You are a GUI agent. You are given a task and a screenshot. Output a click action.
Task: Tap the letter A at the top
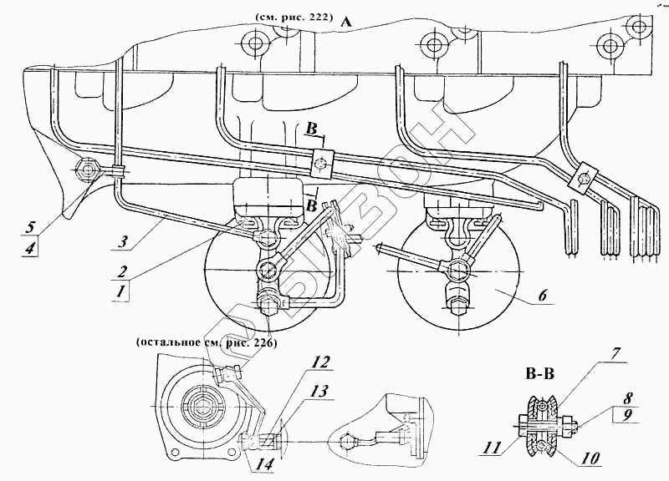pyautogui.click(x=345, y=25)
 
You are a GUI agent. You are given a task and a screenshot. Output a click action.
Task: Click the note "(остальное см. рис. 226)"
pyautogui.click(x=205, y=342)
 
